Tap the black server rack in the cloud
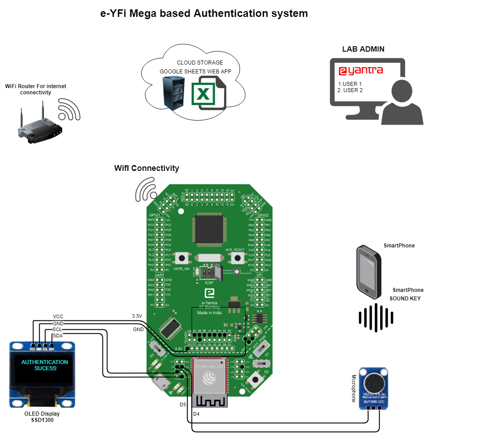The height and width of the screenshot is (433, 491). click(173, 92)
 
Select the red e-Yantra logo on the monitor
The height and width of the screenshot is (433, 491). click(360, 71)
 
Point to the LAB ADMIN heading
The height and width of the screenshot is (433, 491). click(363, 49)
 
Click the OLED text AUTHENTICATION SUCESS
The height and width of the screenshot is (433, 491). click(45, 365)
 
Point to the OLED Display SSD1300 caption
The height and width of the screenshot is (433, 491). click(42, 417)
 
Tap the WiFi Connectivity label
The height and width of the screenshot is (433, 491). click(147, 168)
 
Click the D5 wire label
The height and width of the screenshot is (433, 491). click(183, 405)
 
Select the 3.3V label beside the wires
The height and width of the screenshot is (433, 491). click(137, 316)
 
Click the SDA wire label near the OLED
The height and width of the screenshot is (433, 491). click(57, 335)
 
